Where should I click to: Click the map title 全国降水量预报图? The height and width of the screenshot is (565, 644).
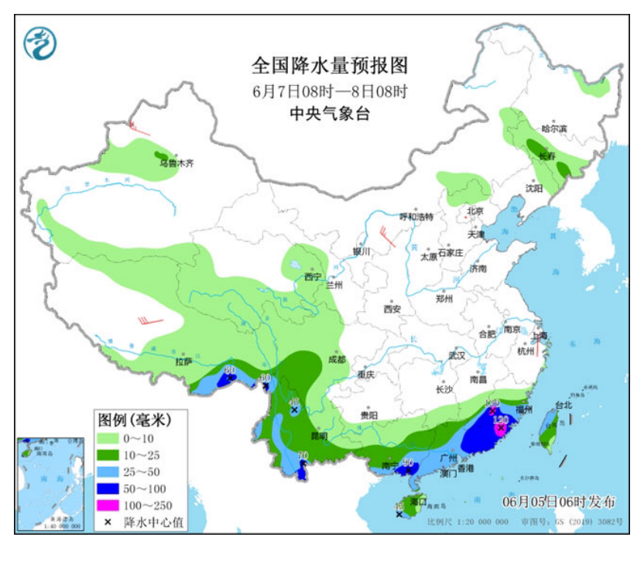pyautogui.click(x=330, y=65)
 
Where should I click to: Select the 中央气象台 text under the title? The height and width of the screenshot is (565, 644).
pyautogui.click(x=330, y=113)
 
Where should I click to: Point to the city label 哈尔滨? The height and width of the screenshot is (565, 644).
pyautogui.click(x=554, y=128)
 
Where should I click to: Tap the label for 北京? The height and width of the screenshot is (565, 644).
pyautogui.click(x=474, y=211)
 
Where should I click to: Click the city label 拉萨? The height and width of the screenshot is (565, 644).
pyautogui.click(x=183, y=361)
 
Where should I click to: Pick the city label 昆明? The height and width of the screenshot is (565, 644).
pyautogui.click(x=318, y=436)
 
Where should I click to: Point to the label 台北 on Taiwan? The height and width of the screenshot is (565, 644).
pyautogui.click(x=563, y=405)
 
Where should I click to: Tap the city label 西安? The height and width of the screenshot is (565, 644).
pyautogui.click(x=392, y=309)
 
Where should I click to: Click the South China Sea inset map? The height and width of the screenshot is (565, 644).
pyautogui.click(x=50, y=484)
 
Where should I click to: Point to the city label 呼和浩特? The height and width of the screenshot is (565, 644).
pyautogui.click(x=416, y=216)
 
